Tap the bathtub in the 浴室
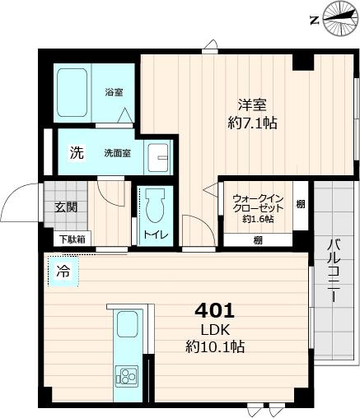click(x=72, y=92)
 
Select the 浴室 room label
click(x=114, y=92)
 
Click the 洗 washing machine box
click(x=77, y=152)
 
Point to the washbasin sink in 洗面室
click(x=158, y=157)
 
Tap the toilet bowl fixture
click(x=155, y=207)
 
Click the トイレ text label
click(x=155, y=235)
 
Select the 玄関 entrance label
click(x=66, y=207)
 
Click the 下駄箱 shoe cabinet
click(x=72, y=239)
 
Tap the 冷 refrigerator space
click(x=63, y=272)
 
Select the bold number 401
click(x=215, y=310)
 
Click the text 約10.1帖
click(x=215, y=346)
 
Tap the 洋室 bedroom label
click(x=252, y=104)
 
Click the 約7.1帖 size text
click(x=252, y=123)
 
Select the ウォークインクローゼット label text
click(x=258, y=203)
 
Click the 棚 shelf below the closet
click(x=258, y=240)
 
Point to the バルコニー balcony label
click(x=334, y=270)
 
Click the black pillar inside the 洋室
click(x=303, y=63)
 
